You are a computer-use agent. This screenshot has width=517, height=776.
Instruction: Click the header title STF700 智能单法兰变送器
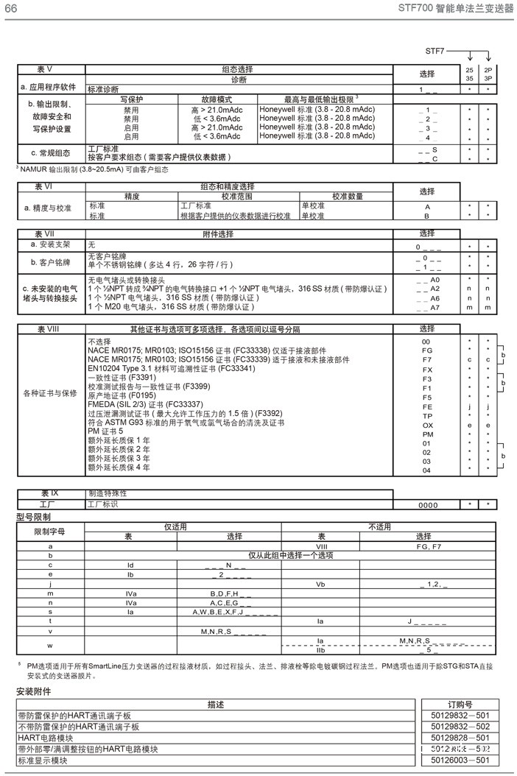coord(455,8)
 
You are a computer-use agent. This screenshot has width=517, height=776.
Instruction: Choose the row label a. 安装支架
coord(49,244)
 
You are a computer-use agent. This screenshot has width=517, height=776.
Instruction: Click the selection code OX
coord(427,425)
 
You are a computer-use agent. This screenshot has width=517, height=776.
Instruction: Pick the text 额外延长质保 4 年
coord(119,467)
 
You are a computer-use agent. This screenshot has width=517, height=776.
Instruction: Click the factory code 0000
coord(428,505)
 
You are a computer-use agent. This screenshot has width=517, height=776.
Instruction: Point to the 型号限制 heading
coord(34,518)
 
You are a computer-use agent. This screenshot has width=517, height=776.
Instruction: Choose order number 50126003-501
coord(460,760)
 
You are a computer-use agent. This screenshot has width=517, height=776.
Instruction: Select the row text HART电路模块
coord(46,738)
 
